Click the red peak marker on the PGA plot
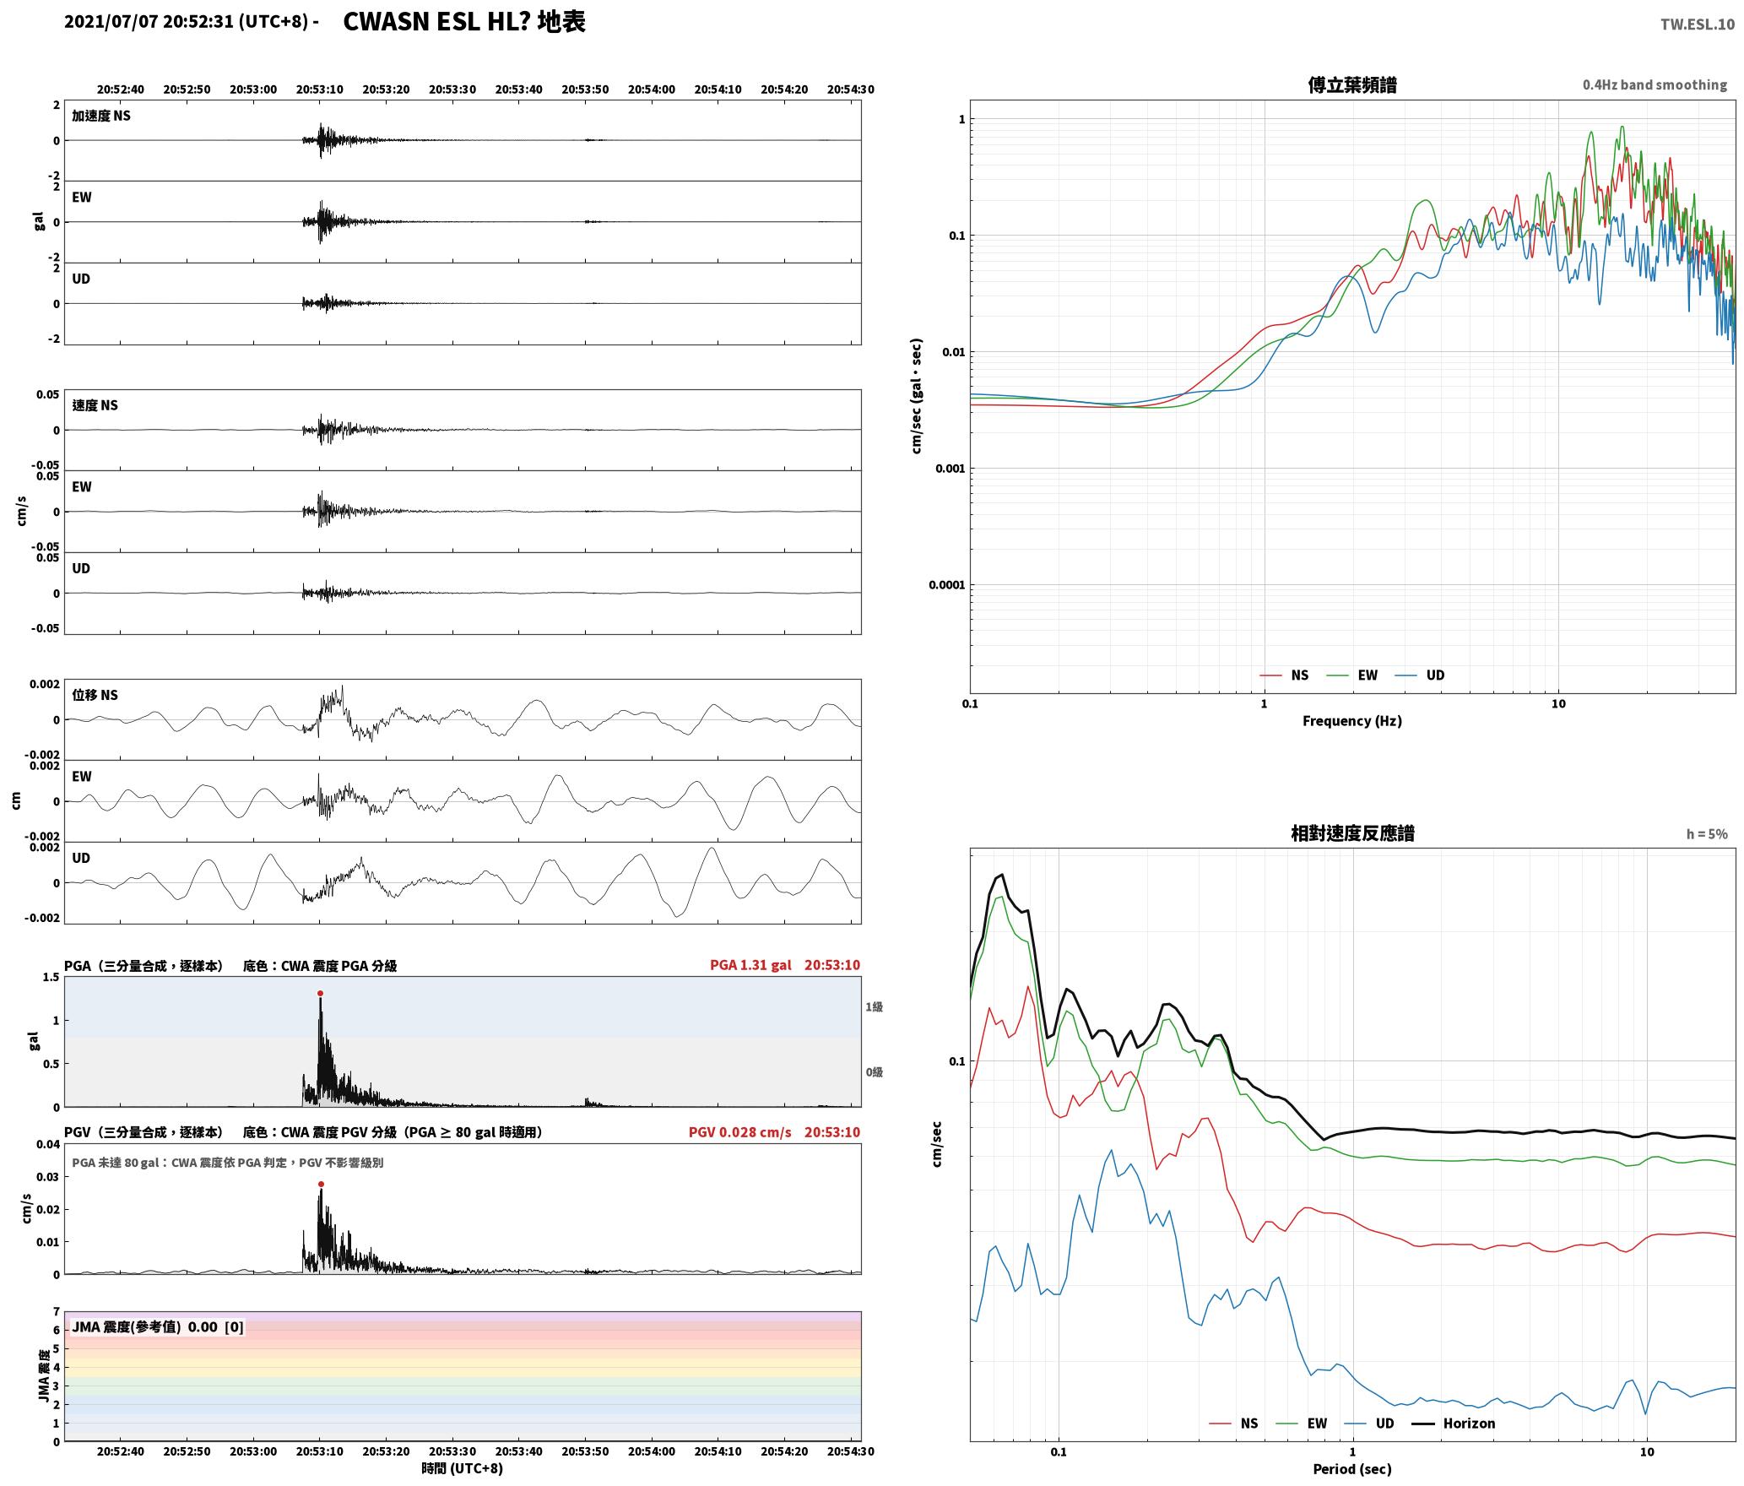tap(320, 994)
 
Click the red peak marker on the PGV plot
tap(321, 1185)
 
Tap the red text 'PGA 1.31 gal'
tap(750, 965)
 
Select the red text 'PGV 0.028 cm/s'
tap(740, 1132)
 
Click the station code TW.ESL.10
tap(1698, 24)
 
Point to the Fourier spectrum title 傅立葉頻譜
tap(1352, 84)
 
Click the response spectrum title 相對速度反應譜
tap(1352, 833)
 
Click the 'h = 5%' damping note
tap(1707, 834)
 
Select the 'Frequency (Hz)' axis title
tap(1352, 721)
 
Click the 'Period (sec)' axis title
tap(1352, 1469)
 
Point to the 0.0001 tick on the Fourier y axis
tap(946, 585)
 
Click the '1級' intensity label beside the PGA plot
tap(874, 1006)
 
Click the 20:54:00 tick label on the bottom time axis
tap(652, 1451)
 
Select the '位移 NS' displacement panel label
tap(95, 695)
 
